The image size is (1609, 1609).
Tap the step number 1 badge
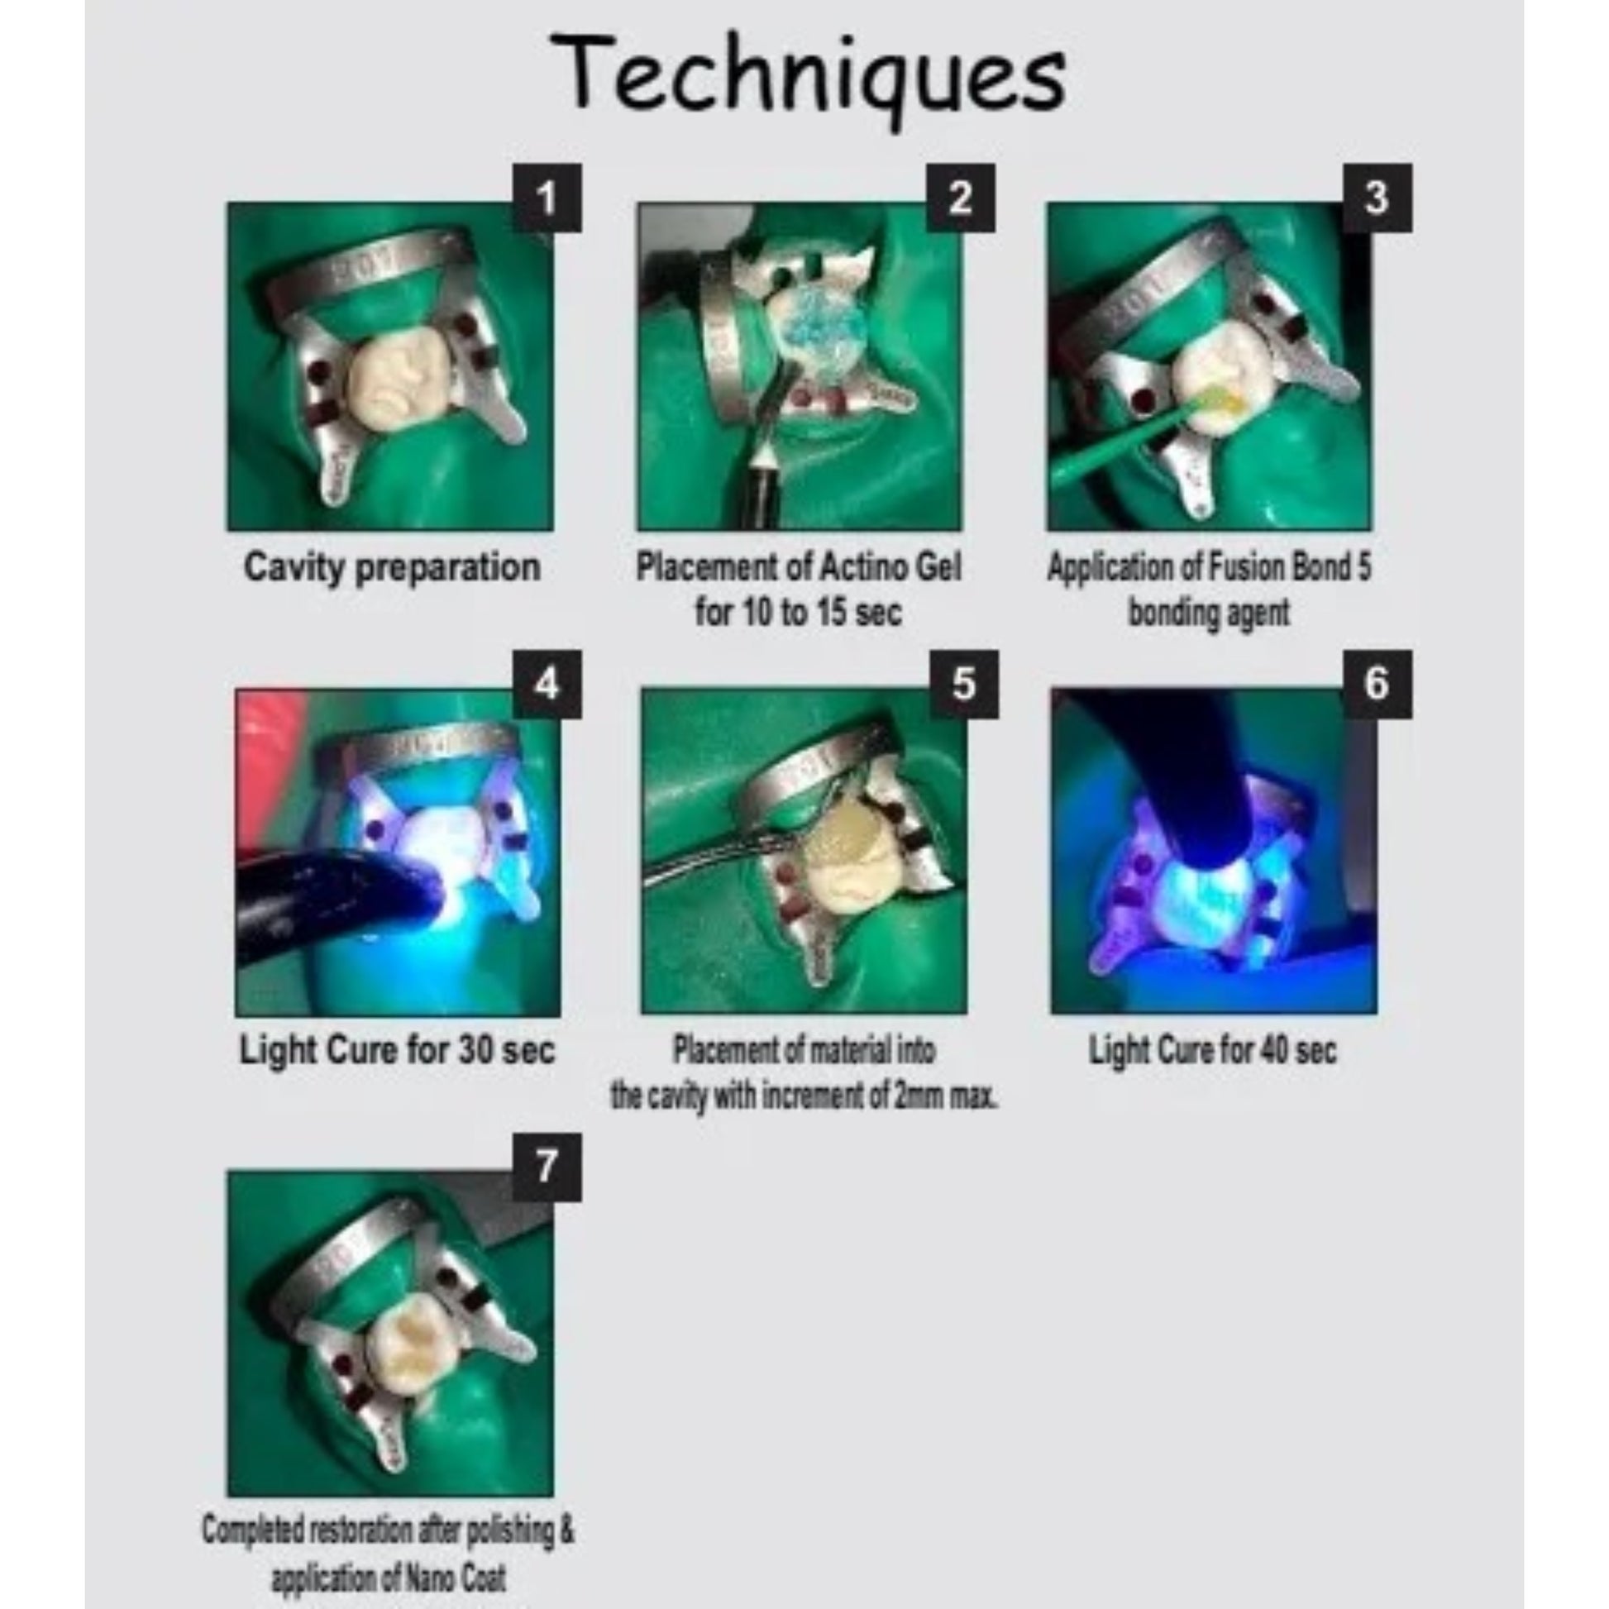pos(547,198)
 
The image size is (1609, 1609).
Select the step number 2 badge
pos(960,198)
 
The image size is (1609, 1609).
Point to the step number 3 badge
pos(1377,198)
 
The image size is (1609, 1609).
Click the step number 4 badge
pos(547,684)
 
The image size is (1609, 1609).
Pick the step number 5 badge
pos(963,684)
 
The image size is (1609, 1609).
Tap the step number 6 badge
pos(1377,684)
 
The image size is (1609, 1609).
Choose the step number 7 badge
pos(547,1167)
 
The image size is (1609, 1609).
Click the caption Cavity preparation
pos(392,569)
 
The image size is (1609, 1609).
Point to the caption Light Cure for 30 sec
pos(397,1049)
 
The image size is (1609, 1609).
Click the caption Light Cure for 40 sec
pos(1213,1050)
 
